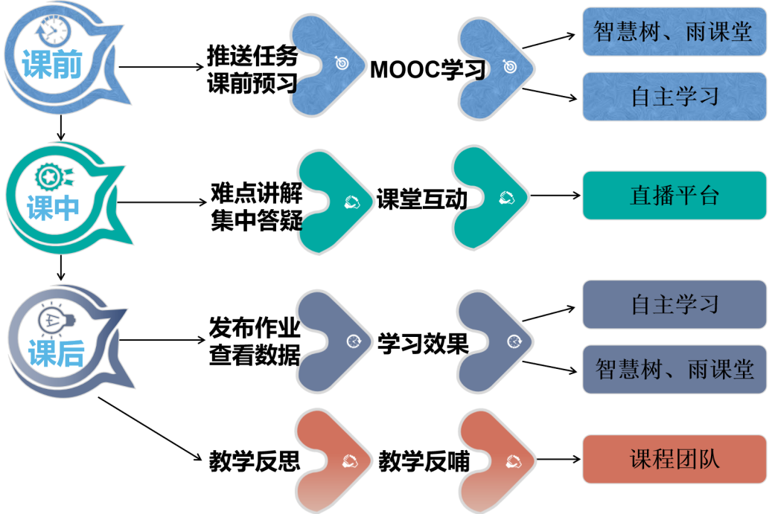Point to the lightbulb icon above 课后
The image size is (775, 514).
56,321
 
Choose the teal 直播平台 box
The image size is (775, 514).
674,196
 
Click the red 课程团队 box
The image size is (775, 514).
674,459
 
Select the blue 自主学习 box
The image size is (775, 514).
674,96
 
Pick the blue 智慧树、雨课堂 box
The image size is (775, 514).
674,31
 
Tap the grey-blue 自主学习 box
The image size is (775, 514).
674,304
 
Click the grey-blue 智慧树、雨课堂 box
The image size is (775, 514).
674,370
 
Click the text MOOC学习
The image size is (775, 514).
428,70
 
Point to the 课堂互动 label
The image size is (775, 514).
421,199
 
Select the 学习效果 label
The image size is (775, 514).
423,343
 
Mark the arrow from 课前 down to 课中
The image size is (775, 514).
61,128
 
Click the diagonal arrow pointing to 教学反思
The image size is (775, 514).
150,428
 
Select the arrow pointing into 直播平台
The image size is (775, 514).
555,196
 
